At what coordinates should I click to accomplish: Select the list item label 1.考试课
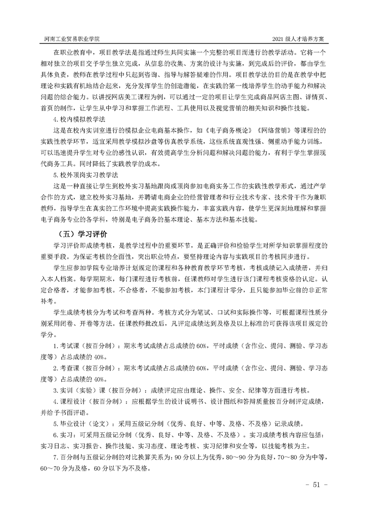pyautogui.click(x=66, y=346)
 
